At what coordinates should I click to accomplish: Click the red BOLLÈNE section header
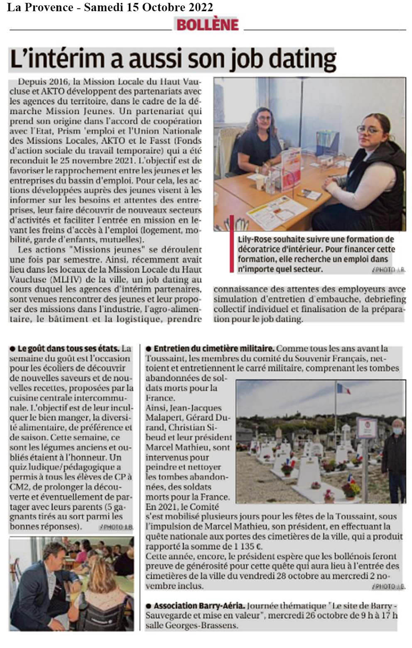point(207,25)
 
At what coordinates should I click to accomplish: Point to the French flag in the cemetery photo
point(343,389)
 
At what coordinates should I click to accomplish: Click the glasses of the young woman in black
point(369,130)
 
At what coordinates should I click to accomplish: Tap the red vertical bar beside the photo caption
point(232,244)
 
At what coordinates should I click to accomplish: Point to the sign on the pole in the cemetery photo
point(367,428)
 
